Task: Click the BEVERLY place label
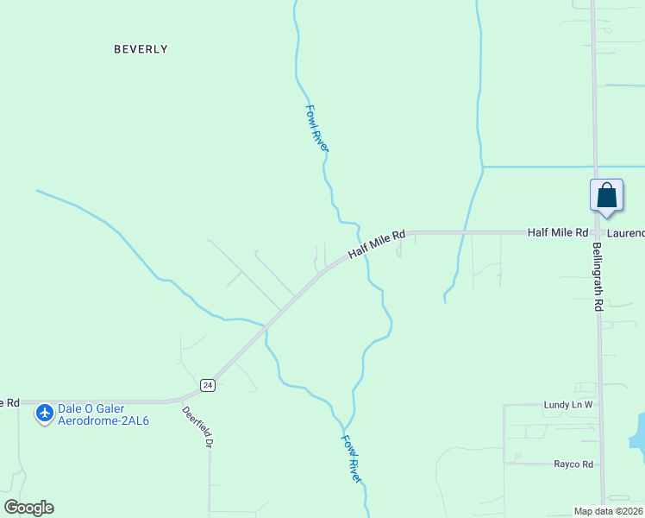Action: [x=141, y=49]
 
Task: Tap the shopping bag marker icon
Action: [x=606, y=194]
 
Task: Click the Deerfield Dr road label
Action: [x=197, y=427]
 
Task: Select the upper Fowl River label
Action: [x=317, y=129]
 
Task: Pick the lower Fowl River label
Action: [x=351, y=458]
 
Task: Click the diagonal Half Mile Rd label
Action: [x=377, y=245]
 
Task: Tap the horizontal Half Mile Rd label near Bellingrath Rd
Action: [x=557, y=233]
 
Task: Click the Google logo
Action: [x=28, y=508]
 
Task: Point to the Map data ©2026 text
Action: [x=608, y=511]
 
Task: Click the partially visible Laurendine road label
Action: [x=625, y=233]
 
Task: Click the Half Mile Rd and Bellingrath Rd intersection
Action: [x=596, y=233]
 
